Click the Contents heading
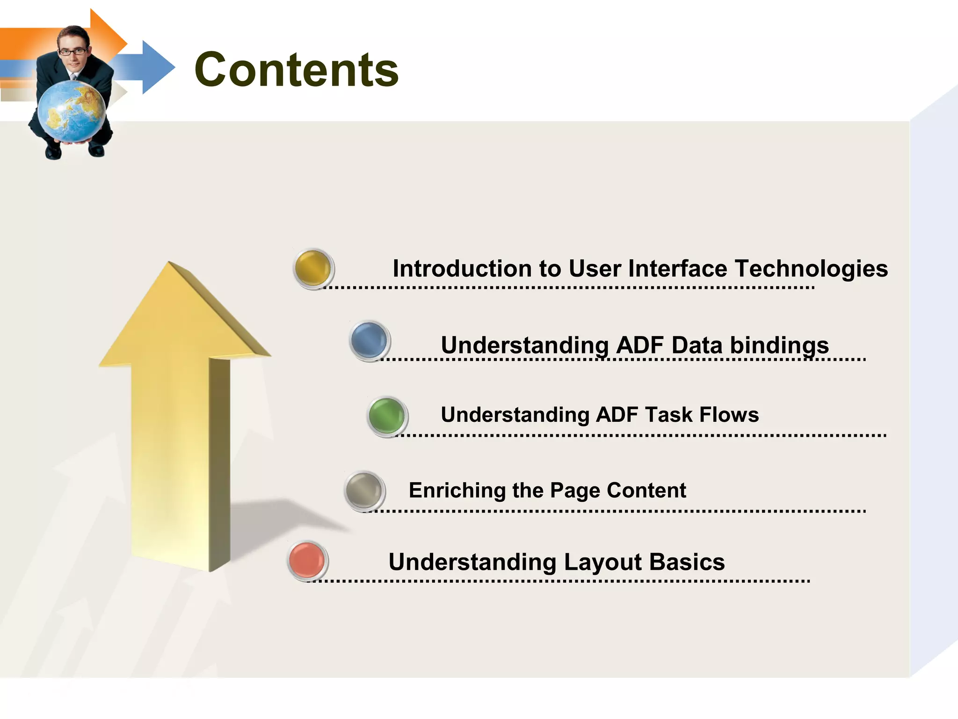(x=296, y=70)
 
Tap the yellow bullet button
(x=313, y=268)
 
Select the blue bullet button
(x=369, y=341)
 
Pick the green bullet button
(x=387, y=416)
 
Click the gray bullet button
(x=364, y=491)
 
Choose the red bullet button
(x=307, y=560)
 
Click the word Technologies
(x=811, y=269)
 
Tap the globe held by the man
(x=71, y=111)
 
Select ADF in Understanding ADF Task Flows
(x=617, y=415)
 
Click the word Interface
(x=679, y=269)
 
